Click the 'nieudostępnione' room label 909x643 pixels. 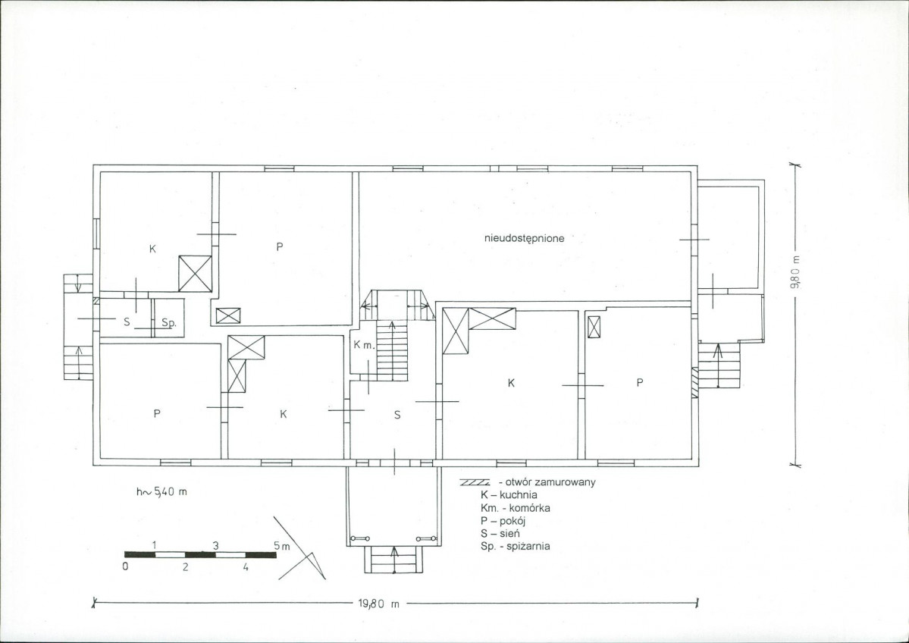tap(524, 238)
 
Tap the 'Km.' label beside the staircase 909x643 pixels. tap(365, 345)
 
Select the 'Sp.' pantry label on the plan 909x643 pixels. tap(169, 323)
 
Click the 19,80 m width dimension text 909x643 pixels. tap(379, 604)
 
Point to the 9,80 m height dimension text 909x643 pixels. tap(797, 272)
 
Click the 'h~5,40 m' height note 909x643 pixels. tap(161, 491)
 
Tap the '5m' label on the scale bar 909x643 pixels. tap(282, 546)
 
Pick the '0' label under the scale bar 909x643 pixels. tap(125, 566)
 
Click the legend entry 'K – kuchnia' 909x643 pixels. tap(509, 494)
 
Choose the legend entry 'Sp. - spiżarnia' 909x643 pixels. tap(515, 546)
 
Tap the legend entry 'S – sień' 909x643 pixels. tap(500, 533)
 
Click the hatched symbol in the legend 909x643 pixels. tap(475, 481)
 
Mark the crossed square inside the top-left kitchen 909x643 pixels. tap(194, 274)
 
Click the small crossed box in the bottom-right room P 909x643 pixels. tap(595, 326)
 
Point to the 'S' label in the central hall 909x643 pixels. tap(397, 415)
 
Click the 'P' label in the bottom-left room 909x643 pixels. tap(157, 413)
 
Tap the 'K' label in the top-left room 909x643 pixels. tap(152, 249)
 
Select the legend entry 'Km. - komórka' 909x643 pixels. tap(516, 508)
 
